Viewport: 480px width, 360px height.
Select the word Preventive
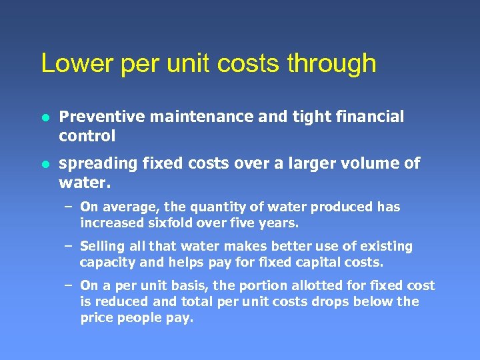[x=101, y=117]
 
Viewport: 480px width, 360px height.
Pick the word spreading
[x=94, y=164]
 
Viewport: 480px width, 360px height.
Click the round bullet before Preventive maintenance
[x=45, y=118]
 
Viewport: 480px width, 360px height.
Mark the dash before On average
[x=68, y=207]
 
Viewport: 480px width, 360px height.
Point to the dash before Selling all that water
[x=68, y=247]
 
